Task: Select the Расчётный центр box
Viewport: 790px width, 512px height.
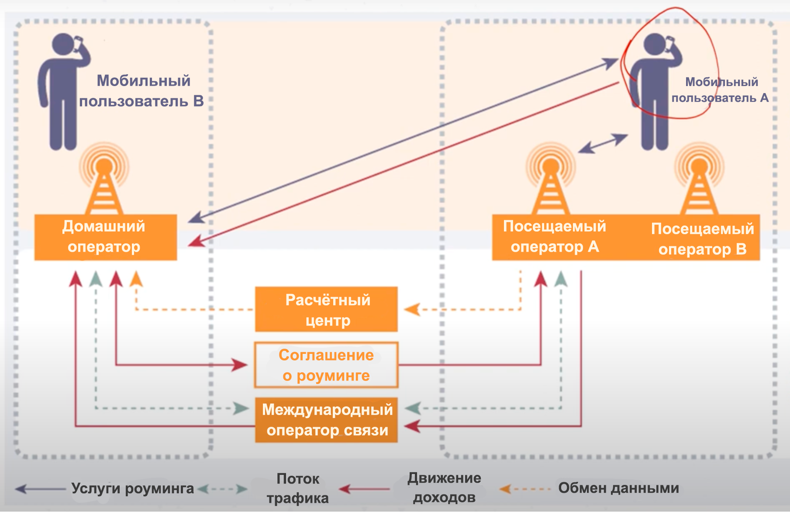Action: tap(326, 309)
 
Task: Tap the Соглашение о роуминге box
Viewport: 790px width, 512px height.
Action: tap(326, 365)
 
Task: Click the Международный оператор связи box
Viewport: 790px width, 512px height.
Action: tap(326, 420)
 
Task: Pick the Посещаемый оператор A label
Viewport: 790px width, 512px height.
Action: tap(555, 237)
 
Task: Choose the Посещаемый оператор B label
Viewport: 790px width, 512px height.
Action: tap(702, 239)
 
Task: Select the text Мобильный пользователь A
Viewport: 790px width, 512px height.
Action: tap(720, 90)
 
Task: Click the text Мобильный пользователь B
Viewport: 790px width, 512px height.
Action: tap(142, 91)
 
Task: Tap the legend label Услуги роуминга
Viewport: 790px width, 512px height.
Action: tap(132, 488)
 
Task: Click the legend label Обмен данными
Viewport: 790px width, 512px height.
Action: tap(618, 488)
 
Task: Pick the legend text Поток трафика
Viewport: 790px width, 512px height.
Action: tap(298, 488)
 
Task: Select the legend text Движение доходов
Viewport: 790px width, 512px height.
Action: tap(444, 488)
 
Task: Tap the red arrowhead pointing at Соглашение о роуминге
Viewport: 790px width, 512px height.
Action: tap(240, 365)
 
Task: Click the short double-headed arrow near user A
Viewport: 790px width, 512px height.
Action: tap(603, 144)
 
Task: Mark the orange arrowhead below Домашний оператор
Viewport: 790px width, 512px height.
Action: tap(136, 279)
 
